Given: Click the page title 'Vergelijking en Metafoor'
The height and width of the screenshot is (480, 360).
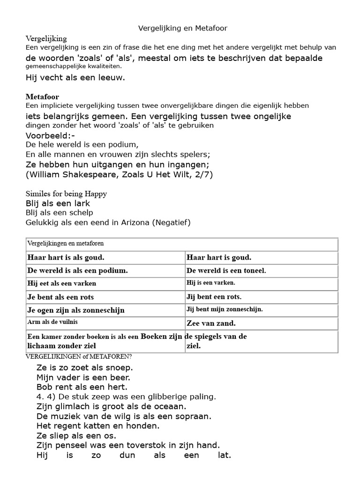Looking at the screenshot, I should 182,29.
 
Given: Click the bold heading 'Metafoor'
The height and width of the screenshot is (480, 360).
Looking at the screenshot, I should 42,97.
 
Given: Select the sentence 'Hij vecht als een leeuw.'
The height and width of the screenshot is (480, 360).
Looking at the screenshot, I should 75,78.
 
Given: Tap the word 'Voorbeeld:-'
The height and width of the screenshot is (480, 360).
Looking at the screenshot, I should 50,136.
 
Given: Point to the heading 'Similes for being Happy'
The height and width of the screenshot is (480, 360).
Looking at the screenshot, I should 66,194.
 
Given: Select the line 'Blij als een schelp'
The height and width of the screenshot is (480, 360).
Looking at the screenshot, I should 59,213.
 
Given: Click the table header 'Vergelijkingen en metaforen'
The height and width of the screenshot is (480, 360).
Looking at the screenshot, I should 66,244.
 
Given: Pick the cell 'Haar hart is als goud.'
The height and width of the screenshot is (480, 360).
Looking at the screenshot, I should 66,257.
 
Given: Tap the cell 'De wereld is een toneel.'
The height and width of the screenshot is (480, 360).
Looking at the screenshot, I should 226,270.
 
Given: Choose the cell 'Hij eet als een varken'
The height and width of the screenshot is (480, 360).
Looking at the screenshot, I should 62,284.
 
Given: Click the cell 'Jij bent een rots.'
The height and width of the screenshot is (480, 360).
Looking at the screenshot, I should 214,297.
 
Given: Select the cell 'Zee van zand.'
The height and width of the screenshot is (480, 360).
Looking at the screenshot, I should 211,323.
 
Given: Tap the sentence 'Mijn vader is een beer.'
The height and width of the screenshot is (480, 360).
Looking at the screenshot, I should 83,377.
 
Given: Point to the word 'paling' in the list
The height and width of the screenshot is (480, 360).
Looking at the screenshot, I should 202,397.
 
